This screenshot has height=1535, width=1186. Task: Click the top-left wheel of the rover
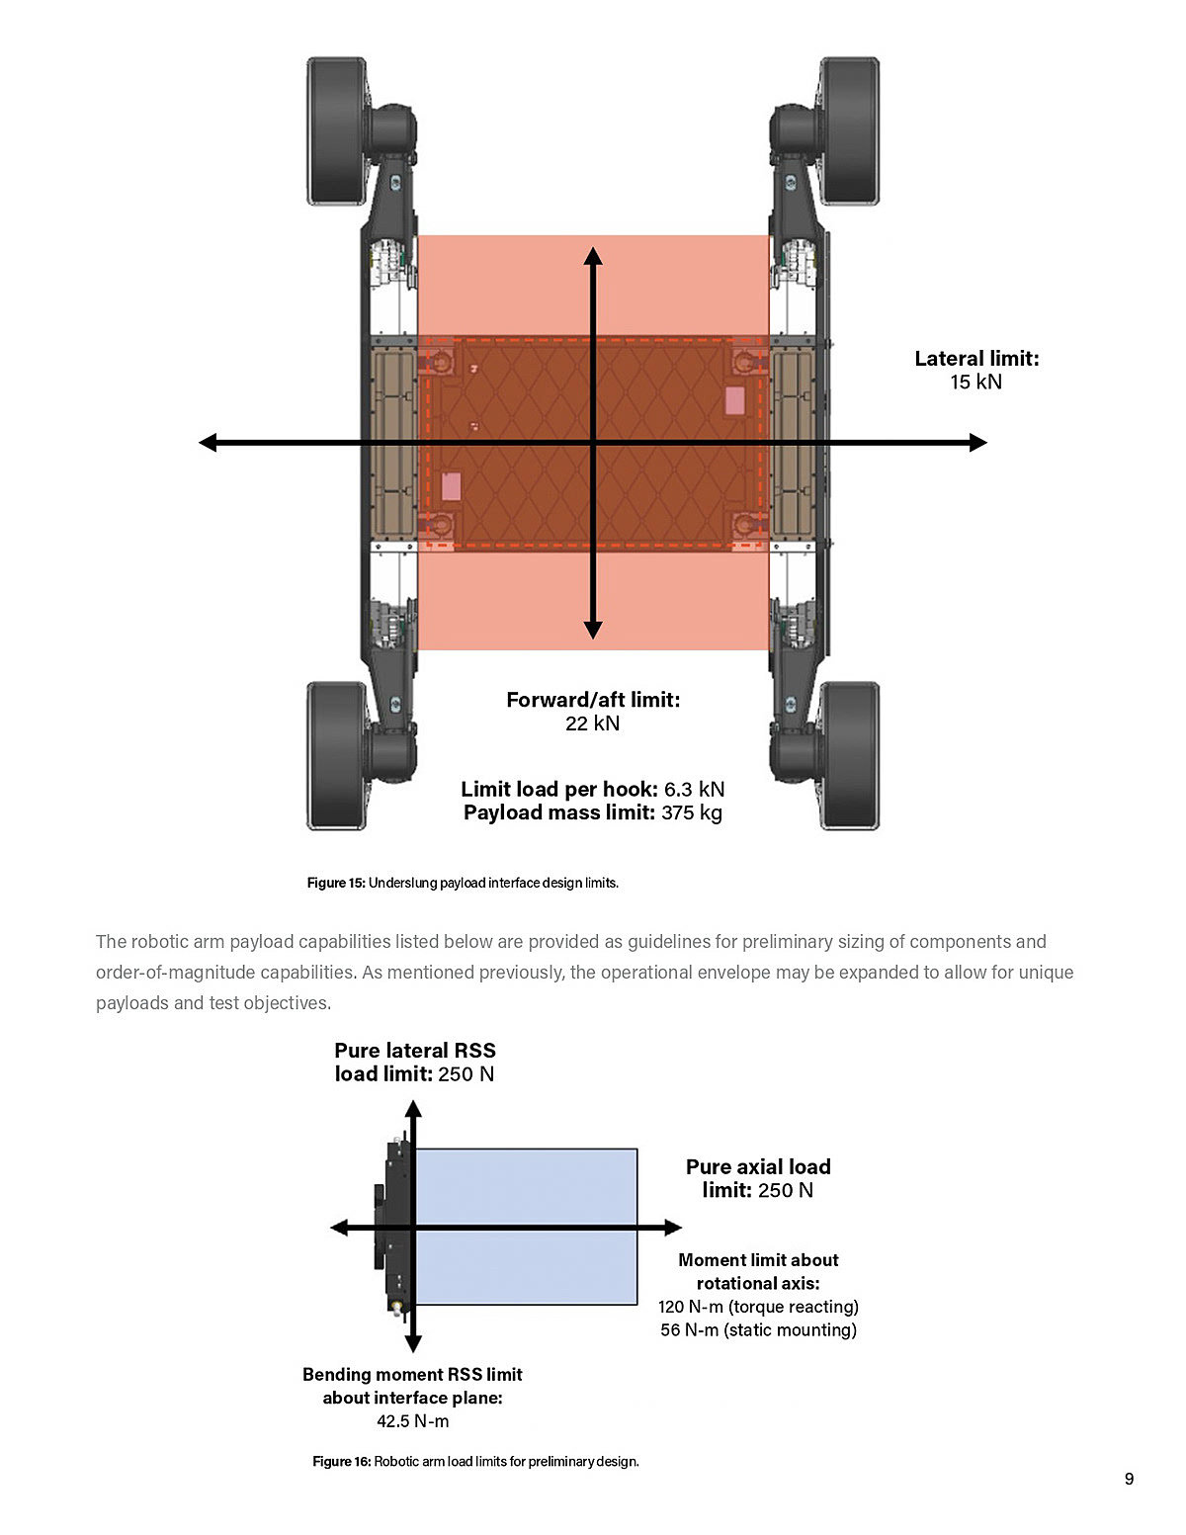[336, 130]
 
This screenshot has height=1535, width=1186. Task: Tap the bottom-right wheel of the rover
[850, 756]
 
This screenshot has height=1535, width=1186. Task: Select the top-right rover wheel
[850, 130]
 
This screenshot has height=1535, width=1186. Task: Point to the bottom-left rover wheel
[336, 756]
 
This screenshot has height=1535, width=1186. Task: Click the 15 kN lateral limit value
[975, 383]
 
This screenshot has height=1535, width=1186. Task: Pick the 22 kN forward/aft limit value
[592, 724]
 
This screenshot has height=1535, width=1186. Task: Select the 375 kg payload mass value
[692, 813]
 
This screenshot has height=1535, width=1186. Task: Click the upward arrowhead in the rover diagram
[593, 256]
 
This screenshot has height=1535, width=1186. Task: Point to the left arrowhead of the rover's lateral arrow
[209, 443]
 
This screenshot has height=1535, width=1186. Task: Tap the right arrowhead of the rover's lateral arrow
[977, 443]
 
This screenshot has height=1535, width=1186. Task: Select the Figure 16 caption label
[341, 1462]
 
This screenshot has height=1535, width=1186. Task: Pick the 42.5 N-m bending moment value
[412, 1421]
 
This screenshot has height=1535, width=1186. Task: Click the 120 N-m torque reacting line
[758, 1307]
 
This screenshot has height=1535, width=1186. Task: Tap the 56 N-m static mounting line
[758, 1330]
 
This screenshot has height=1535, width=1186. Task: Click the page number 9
[1129, 1480]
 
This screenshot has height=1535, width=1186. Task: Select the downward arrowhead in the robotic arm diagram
[413, 1343]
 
